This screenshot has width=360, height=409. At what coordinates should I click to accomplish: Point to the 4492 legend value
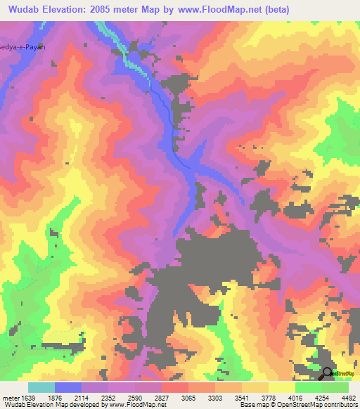(x=349, y=397)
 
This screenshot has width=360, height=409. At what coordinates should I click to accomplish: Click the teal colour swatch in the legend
(x=41, y=387)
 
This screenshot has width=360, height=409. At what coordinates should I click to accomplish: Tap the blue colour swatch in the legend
(x=68, y=387)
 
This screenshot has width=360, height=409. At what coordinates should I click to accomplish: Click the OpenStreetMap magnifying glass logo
(x=327, y=374)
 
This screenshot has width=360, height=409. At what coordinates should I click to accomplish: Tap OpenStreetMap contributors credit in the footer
(x=309, y=405)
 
